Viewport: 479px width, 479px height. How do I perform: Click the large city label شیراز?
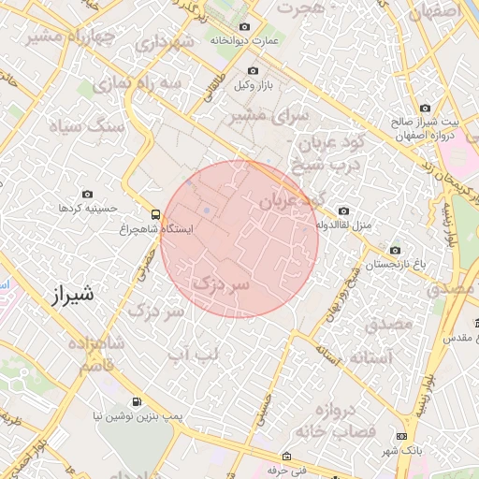[70, 295]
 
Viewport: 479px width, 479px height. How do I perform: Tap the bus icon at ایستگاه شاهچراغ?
[156, 213]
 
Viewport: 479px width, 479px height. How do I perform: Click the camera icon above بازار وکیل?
[253, 71]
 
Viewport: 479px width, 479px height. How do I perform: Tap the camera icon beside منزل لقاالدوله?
[344, 211]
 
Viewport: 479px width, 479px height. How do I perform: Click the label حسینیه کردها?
[85, 207]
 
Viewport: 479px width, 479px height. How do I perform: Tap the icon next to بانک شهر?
[401, 437]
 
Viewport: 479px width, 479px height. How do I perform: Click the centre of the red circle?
[239, 239]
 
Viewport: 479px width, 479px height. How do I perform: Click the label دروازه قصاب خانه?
[335, 421]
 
